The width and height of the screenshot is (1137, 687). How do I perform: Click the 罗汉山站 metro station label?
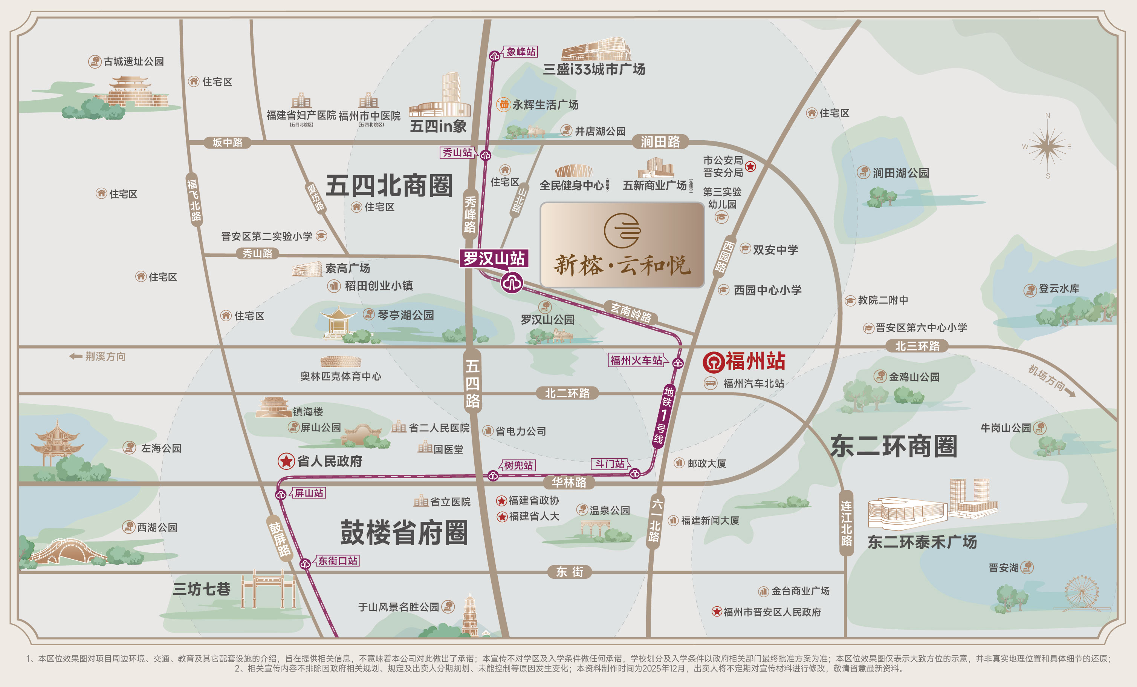494,259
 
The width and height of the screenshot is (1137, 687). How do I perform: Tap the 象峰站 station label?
521,52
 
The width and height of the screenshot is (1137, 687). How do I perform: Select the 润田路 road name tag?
660,142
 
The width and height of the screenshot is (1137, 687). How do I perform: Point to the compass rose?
1047,146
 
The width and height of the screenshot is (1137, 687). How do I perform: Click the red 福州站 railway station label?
755,361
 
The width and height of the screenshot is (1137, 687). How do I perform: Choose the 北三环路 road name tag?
917,346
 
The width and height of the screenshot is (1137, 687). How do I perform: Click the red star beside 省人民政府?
286,461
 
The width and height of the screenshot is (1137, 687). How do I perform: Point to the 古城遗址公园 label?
133,61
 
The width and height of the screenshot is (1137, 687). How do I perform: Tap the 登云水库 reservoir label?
1059,288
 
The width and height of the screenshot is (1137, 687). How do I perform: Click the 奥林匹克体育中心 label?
341,376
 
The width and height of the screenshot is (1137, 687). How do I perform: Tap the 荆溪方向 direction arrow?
76,356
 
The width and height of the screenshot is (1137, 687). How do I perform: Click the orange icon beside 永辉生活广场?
503,104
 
